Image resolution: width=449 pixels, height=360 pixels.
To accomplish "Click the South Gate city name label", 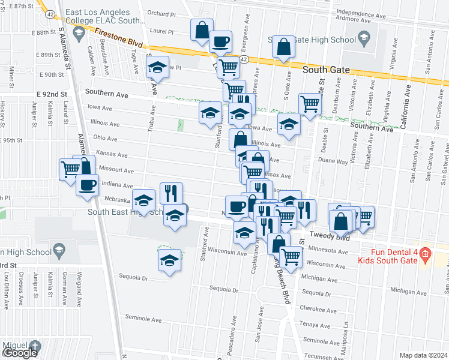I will (326, 70).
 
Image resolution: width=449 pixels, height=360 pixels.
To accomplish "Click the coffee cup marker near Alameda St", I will (86, 185).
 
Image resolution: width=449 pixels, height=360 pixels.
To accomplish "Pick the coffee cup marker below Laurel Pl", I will (220, 41).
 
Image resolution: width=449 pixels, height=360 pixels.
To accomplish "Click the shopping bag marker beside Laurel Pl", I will (202, 30).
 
